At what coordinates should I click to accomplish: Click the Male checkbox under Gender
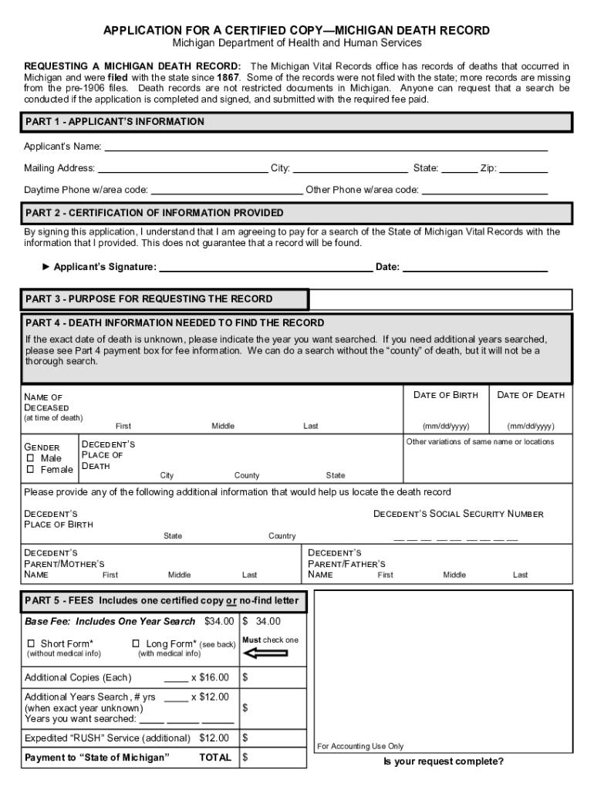[x=32, y=457]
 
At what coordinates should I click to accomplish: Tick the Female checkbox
[x=32, y=469]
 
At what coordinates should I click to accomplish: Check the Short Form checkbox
[x=32, y=643]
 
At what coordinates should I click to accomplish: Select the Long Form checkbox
[x=136, y=643]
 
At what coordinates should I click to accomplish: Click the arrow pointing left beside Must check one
[x=265, y=653]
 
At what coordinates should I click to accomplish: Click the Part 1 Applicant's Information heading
[x=115, y=122]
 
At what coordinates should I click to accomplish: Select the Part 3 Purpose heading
[x=149, y=299]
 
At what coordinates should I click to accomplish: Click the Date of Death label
[x=531, y=395]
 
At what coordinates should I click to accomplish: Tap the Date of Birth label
[x=446, y=395]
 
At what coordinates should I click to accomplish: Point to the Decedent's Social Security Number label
[x=458, y=514]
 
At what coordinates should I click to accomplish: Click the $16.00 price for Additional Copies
[x=214, y=677]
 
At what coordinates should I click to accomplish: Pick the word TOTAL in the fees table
[x=215, y=758]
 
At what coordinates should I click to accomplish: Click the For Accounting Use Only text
[x=360, y=746]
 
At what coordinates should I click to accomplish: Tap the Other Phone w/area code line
[x=484, y=190]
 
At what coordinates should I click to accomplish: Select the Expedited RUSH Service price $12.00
[x=214, y=738]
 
